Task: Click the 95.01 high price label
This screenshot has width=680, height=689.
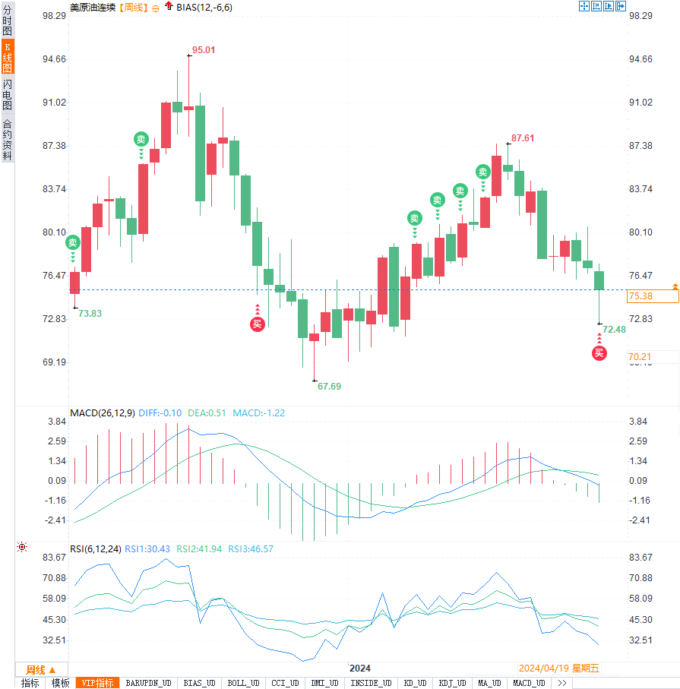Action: [x=204, y=50]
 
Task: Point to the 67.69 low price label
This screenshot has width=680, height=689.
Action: [x=329, y=386]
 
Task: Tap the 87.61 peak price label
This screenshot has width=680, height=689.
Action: [x=523, y=138]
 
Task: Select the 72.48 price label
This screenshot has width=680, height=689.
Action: [x=614, y=329]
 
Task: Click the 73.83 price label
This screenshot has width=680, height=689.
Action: [x=90, y=313]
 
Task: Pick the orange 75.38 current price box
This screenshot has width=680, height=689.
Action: [x=651, y=296]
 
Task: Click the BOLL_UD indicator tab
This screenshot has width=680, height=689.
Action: [x=243, y=683]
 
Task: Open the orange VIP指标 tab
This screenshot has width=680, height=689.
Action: [x=97, y=683]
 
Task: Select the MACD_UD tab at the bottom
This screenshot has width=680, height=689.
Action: [x=529, y=683]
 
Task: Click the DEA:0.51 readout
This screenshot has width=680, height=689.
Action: [x=207, y=412]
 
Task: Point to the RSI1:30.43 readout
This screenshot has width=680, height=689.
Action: [x=148, y=548]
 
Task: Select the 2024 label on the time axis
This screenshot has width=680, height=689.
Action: [x=359, y=668]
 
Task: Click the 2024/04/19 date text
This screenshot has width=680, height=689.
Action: [x=544, y=668]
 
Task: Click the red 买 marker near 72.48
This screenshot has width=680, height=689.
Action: [x=599, y=352]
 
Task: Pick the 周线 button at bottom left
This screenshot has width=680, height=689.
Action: [x=40, y=669]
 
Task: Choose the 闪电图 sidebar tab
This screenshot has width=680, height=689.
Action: [x=7, y=94]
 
